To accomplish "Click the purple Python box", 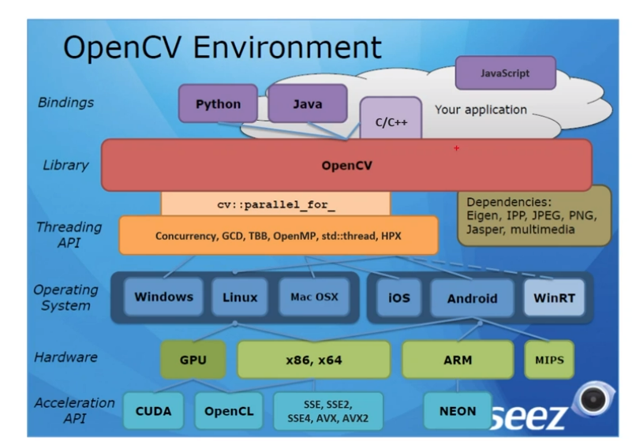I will (x=218, y=103).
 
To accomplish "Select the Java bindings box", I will (x=307, y=103).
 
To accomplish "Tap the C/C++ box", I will (x=390, y=123).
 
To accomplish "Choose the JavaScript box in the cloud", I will (x=505, y=73).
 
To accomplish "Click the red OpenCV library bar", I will (x=346, y=166).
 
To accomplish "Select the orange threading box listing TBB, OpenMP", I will (x=278, y=235).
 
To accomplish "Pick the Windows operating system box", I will (x=163, y=297).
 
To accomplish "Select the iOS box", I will (x=398, y=297).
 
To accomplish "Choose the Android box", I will (x=472, y=297).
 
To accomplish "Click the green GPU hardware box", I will (x=193, y=359).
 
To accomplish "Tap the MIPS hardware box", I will (x=549, y=359).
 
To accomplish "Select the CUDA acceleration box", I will (x=153, y=411).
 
